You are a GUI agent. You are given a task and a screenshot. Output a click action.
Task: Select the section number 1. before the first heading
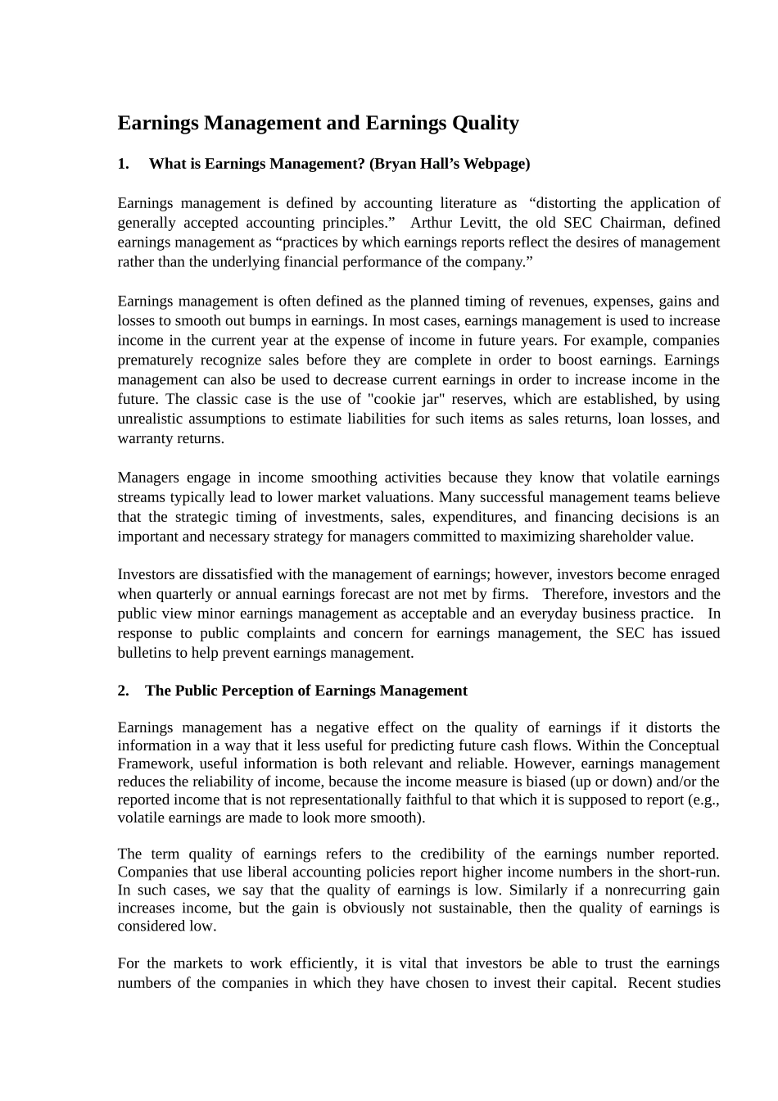[x=124, y=164]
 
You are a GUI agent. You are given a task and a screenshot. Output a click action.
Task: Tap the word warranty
[x=143, y=439]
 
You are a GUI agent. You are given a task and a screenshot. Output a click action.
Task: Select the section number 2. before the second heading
[x=124, y=691]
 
